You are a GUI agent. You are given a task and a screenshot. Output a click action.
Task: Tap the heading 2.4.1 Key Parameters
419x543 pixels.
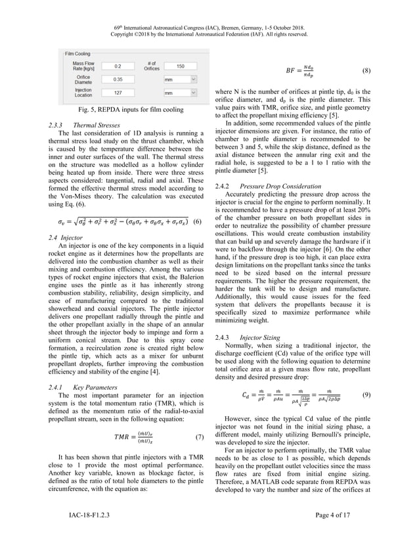[x=81, y=387]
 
